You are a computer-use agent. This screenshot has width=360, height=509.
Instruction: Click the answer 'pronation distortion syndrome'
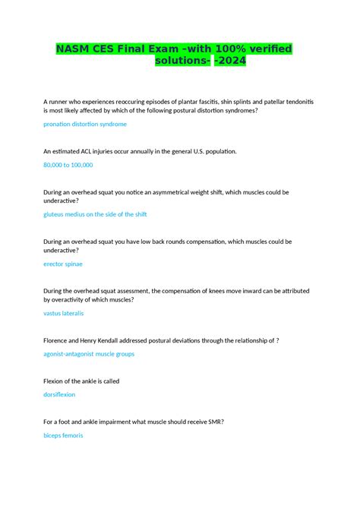pos(85,124)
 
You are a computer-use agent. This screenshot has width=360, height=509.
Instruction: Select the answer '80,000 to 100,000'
pos(68,164)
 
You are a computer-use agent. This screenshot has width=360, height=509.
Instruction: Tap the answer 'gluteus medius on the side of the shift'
pos(95,214)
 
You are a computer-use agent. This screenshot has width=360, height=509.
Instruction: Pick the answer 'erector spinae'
pos(63,264)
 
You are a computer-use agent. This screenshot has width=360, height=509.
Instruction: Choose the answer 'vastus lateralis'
pos(64,313)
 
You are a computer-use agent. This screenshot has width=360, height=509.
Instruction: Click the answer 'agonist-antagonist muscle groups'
pos(89,354)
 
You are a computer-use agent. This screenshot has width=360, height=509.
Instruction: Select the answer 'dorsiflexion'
pos(59,394)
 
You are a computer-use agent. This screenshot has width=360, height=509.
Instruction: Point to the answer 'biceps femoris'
pos(63,435)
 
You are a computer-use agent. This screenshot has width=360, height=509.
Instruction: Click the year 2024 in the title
pos(232,61)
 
